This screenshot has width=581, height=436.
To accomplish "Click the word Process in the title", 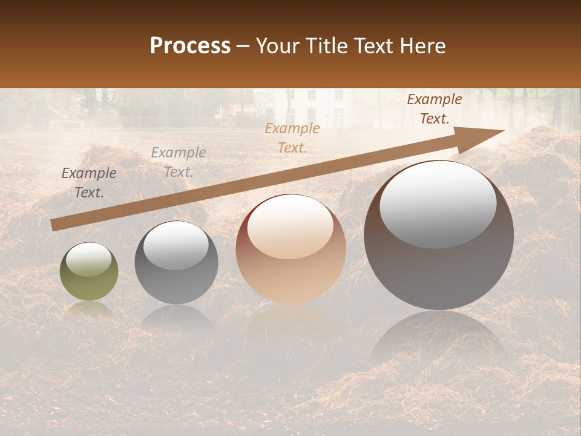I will click(190, 46).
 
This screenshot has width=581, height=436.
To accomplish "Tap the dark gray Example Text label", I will click(89, 182).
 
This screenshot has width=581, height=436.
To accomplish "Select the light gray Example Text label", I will click(178, 162).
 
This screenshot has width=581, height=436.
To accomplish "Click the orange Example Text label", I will click(292, 137).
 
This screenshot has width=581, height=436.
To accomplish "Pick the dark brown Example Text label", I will click(434, 109).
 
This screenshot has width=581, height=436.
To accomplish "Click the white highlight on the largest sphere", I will click(438, 204).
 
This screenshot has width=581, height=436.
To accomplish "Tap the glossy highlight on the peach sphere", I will click(290, 226).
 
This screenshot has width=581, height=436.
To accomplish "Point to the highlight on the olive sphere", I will click(88, 259).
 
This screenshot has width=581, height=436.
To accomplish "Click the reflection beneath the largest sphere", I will click(439, 339).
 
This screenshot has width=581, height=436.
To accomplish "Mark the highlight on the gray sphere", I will click(176, 245).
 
